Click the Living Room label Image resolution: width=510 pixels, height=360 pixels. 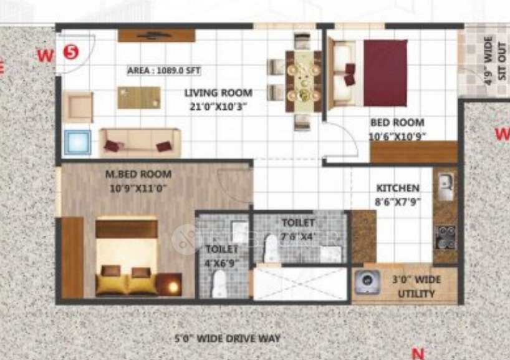coord(209,93)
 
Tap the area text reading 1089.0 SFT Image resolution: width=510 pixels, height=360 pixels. coord(163,71)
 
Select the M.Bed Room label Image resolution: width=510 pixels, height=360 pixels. coord(138,174)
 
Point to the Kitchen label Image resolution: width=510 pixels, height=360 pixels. coord(398,188)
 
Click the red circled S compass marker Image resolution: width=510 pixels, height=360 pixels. coord(72,52)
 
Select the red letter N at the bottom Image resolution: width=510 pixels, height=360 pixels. coord(418,353)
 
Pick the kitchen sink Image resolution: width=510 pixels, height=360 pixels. coord(445,185)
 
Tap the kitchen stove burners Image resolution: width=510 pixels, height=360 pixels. coord(445,237)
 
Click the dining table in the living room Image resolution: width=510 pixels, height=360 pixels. coord(303,81)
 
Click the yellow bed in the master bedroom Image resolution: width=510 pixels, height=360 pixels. coord(127,256)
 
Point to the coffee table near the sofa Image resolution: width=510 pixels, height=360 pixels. coord(138,97)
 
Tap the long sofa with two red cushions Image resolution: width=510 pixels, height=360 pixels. coord(140,143)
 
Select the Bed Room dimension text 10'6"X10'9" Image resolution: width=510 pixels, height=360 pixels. coord(397,137)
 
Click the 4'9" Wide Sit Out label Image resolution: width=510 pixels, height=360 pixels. coord(488,61)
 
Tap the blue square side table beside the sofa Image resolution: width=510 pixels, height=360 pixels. coord(79,142)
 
